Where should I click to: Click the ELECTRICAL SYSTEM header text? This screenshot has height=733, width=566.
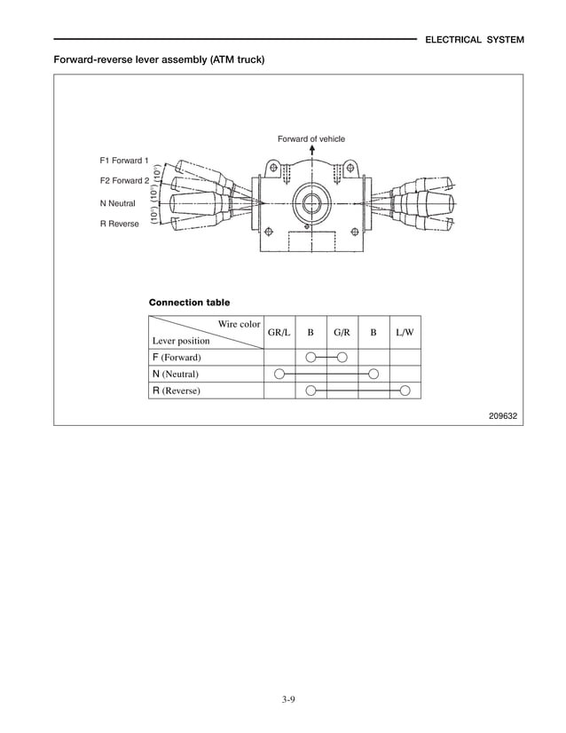(475, 40)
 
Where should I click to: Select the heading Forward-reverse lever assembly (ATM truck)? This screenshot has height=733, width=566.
(159, 59)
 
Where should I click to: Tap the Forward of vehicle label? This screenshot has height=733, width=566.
(311, 138)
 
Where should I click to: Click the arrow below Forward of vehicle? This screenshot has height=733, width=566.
(312, 150)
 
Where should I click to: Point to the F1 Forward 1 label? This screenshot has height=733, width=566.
(124, 161)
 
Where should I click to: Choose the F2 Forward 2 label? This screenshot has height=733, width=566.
(124, 180)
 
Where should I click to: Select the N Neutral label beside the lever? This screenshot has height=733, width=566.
(117, 203)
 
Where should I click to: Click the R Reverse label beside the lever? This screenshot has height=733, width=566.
(119, 224)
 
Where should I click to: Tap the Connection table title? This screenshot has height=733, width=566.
(189, 303)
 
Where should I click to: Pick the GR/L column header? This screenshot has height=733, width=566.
(279, 333)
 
